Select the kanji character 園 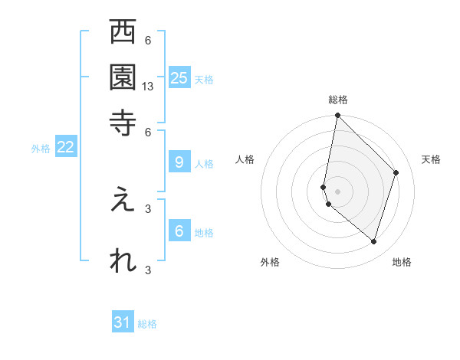coord(123,77)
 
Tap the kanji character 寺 coord(123,121)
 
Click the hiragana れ coord(123,260)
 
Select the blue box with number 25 coord(179,78)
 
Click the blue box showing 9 coord(179,162)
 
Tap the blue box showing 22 coord(65,147)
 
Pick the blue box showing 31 coord(123,322)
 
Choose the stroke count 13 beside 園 coord(149,87)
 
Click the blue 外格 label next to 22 coord(40,149)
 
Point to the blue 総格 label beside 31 coord(147,324)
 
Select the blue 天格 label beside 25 coord(203,80)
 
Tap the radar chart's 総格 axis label coord(338,100)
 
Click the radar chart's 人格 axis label coord(245,159)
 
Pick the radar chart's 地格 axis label coord(402,262)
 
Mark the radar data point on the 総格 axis coord(337,116)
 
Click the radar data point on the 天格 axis coord(396,172)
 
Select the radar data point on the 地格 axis coord(374,242)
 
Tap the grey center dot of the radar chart coord(337,191)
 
